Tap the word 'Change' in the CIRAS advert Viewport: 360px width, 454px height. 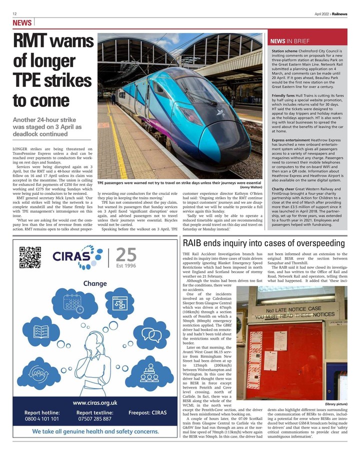coord(95,283)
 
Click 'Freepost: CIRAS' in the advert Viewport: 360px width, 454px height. coord(147,413)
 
